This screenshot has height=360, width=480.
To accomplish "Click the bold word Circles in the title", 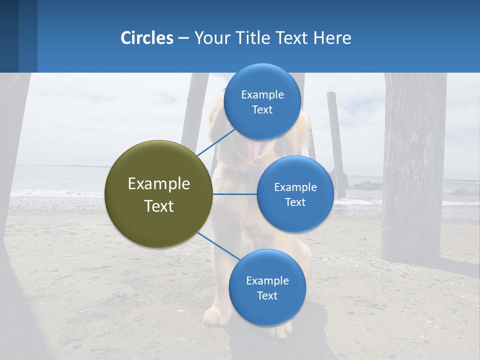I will (x=147, y=38).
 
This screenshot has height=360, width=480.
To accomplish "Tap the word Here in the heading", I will (x=332, y=38).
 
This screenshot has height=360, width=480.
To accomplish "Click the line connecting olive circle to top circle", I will (x=215, y=142).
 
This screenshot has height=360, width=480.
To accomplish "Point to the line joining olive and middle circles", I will (x=235, y=194).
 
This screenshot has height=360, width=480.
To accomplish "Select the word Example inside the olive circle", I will (x=159, y=184).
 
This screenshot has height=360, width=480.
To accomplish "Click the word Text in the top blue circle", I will (x=262, y=110).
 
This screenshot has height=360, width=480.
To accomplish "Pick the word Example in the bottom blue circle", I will (x=267, y=281).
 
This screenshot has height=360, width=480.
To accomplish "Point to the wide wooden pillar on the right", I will (x=414, y=165).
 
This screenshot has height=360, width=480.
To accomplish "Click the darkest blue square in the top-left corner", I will (x=9, y=36).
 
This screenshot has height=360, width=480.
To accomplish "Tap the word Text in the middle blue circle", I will (x=295, y=202).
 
